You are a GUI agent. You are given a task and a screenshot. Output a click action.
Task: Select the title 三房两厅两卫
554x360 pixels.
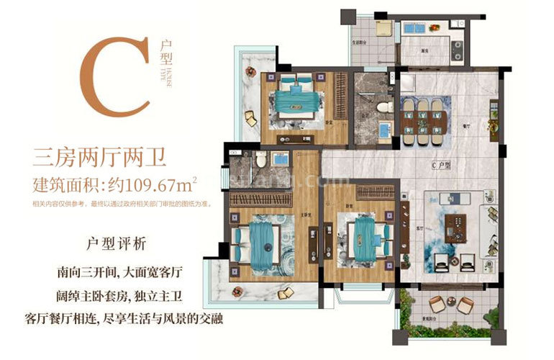point(99,155)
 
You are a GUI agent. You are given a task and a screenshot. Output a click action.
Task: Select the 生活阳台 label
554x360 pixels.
point(360,42)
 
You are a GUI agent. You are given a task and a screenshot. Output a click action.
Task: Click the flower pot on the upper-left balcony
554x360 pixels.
point(250,71)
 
